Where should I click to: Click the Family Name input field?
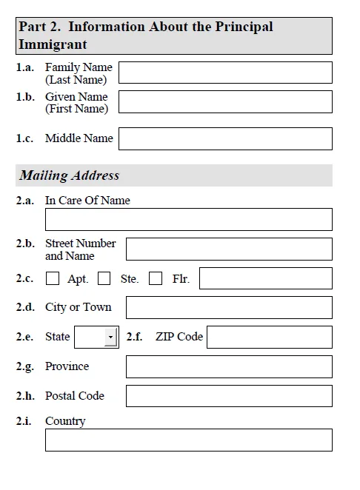tap(225, 73)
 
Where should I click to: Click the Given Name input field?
tap(225, 101)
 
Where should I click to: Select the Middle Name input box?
tap(225, 138)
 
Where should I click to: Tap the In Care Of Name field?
tap(188, 219)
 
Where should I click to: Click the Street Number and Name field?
tap(229, 249)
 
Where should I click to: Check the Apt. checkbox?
tap(53, 278)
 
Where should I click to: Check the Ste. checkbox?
tap(104, 278)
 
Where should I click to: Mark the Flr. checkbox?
tap(156, 278)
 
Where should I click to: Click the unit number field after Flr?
tap(265, 278)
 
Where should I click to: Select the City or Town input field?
tap(229, 307)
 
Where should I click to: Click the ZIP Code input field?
tap(269, 337)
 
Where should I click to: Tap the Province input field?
tap(229, 366)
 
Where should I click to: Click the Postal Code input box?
tap(229, 396)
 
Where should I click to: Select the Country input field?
tap(188, 440)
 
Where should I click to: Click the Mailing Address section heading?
tap(70, 175)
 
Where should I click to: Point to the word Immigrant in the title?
tap(53, 44)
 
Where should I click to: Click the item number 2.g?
tap(25, 366)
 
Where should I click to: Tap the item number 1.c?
tap(24, 138)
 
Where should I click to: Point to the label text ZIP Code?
tap(179, 337)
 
